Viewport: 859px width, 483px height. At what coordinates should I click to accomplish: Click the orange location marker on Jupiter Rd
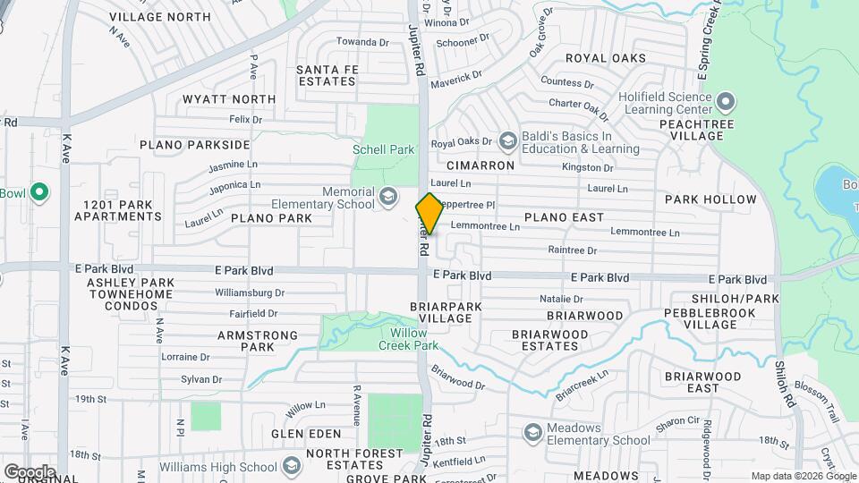coord(429,213)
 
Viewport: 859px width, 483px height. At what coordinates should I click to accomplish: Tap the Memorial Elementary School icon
coord(388,196)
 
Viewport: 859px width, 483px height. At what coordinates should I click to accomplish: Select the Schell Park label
coord(384,149)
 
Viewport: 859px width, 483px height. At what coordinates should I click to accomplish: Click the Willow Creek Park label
coord(408,339)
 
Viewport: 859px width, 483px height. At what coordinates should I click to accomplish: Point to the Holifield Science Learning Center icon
coord(726,100)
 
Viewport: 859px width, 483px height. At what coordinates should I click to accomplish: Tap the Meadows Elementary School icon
coord(533,433)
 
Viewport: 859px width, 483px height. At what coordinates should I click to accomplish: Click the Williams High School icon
coord(292,466)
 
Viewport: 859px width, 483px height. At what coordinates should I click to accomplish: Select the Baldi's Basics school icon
coord(508,141)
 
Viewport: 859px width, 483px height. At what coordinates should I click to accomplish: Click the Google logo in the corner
coord(30,471)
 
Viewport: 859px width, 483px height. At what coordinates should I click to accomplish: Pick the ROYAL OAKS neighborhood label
coord(606,58)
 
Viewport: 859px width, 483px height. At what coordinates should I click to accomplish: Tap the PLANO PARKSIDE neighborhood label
coord(194,144)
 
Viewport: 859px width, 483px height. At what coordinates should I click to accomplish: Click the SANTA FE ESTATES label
coord(327,75)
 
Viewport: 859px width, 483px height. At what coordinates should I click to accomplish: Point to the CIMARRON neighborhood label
coord(481,165)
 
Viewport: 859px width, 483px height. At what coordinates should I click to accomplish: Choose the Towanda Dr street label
coord(363,41)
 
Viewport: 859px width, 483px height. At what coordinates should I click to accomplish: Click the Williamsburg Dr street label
coord(250,292)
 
